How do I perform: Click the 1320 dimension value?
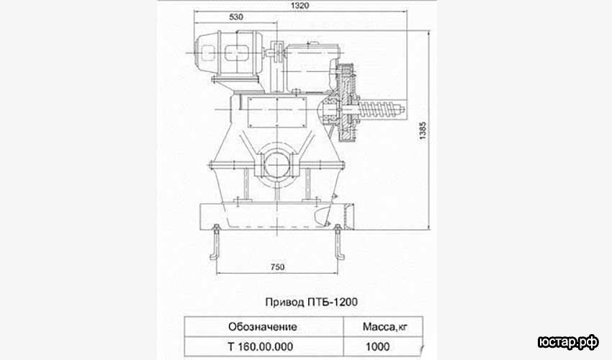coord(300,5)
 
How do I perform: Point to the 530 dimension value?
coord(236,17)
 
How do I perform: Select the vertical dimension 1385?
coord(423,131)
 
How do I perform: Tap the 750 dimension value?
coord(277,267)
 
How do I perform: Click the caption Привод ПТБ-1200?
coord(312,302)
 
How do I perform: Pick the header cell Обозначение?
coord(263,326)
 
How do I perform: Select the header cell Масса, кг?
coord(384,327)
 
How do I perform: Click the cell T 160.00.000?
coord(261,346)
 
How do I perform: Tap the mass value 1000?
coord(377,346)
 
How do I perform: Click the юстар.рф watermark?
coord(568,342)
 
